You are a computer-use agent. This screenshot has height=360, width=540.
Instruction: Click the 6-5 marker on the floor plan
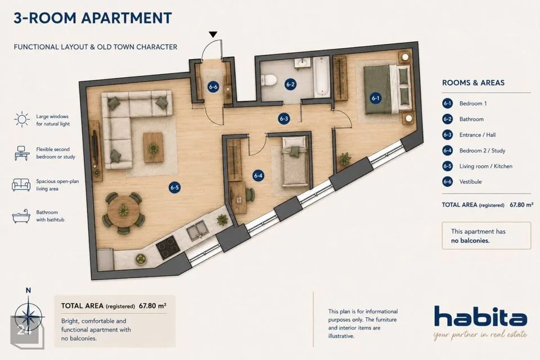tap(174, 188)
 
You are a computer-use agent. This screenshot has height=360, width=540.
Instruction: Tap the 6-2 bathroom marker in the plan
tap(290, 84)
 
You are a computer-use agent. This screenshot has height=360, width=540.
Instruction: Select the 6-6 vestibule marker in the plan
tap(213, 87)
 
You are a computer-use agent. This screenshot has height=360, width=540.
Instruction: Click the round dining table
tap(124, 211)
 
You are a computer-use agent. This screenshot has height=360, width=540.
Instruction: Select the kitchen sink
tap(197, 230)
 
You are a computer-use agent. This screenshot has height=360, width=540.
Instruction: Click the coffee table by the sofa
tap(153, 147)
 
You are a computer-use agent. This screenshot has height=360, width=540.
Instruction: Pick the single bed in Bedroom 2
tap(294, 162)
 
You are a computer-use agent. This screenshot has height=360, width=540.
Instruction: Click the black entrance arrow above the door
tap(213, 34)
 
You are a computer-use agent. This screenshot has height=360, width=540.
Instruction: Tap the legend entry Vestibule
tap(470, 182)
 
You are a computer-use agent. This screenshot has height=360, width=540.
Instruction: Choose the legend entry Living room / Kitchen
tap(485, 166)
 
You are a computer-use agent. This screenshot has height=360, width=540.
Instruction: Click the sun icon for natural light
tap(22, 120)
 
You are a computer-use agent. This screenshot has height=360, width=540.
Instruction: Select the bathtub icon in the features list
tap(21, 216)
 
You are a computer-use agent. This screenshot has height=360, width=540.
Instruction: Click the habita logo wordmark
tap(480, 316)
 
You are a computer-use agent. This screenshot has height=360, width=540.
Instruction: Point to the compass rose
tap(28, 316)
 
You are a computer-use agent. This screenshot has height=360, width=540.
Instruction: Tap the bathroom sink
tap(303, 63)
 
